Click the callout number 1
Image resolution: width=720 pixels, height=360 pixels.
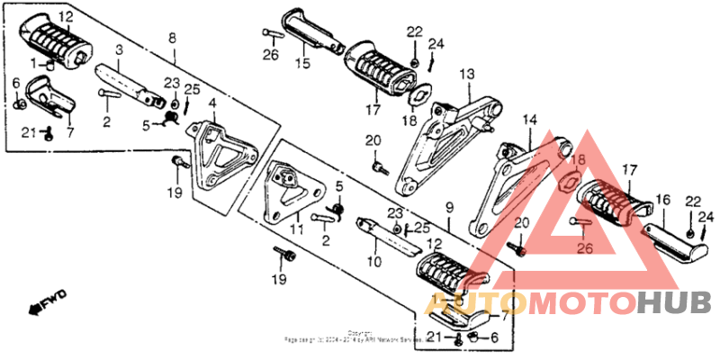(x=35, y=64)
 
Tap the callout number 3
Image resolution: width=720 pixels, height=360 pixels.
(x=119, y=49)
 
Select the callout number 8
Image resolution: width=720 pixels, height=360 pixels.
(x=172, y=37)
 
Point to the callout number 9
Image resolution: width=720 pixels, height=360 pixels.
(x=450, y=208)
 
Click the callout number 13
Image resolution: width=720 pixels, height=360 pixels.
(x=466, y=73)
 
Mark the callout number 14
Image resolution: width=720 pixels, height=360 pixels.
(x=529, y=120)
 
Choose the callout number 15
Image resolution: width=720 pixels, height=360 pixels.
(x=302, y=63)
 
